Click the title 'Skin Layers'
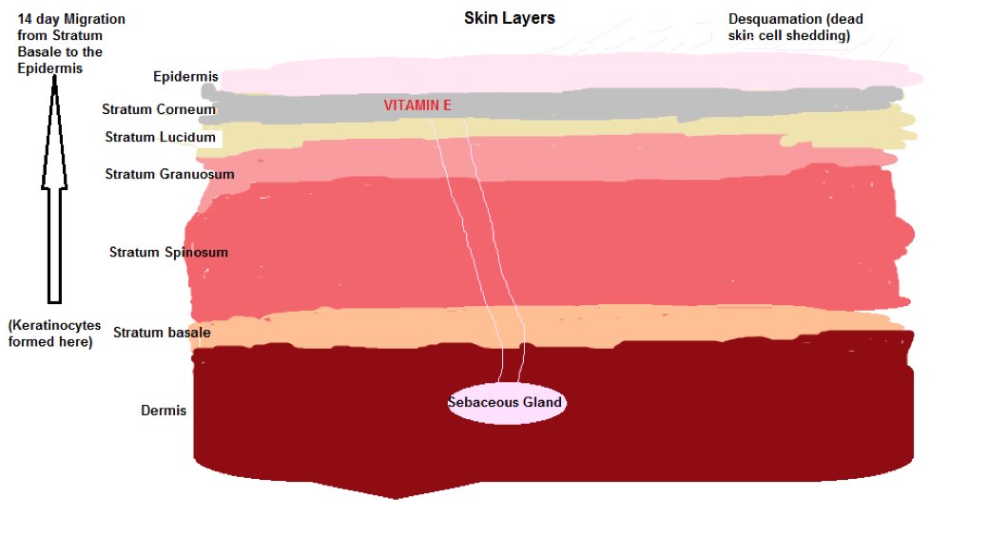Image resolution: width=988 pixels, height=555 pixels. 509,18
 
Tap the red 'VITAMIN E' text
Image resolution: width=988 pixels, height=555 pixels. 417,105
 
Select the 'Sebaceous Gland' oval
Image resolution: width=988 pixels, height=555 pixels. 507,403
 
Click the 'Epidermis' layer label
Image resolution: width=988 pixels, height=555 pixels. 185,77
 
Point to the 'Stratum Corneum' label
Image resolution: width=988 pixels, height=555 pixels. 159,109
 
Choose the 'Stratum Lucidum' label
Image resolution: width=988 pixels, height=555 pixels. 160,138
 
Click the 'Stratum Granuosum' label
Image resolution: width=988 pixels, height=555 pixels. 169,174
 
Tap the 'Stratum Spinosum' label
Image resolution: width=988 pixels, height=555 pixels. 168,252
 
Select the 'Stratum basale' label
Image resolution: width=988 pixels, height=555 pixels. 162,333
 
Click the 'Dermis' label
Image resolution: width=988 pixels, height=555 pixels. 164,411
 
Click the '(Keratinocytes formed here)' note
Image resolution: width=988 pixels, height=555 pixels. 54,334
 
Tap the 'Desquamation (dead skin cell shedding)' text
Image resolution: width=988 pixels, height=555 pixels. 795,28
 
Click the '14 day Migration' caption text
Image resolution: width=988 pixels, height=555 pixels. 71,19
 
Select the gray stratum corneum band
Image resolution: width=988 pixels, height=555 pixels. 554,105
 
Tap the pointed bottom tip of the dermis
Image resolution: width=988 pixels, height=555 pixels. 395,498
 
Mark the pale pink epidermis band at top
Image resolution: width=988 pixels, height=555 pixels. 567,76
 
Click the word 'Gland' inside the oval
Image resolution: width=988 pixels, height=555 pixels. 542,403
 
